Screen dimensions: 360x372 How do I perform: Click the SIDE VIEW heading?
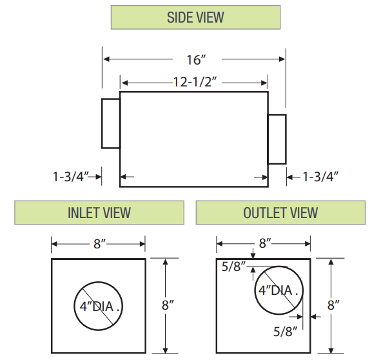coord(195,17)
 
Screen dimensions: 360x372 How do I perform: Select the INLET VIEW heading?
coord(99,212)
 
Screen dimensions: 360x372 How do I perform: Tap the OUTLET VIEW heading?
coord(280,212)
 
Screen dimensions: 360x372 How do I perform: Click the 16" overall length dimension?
coord(195,59)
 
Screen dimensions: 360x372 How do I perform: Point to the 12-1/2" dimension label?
coord(194,83)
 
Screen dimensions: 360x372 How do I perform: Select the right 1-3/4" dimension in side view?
coord(320,176)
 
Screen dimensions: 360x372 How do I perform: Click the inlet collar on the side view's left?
coord(111,124)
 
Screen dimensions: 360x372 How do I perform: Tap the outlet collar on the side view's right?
coord(277,139)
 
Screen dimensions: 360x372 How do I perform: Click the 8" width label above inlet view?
coord(99,244)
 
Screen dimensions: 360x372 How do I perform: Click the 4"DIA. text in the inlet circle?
coord(99,306)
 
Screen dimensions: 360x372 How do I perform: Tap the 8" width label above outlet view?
coord(264,244)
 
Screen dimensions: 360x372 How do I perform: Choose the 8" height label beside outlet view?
coord(333,305)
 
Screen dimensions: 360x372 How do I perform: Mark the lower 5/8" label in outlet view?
coord(284,332)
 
